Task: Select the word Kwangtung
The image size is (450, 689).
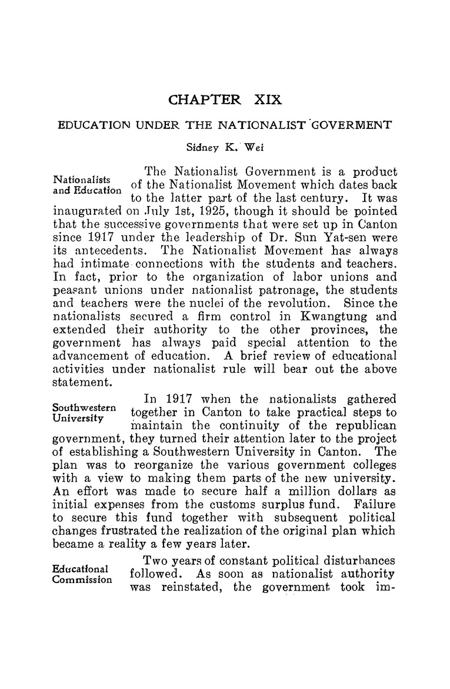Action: coord(346,317)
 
